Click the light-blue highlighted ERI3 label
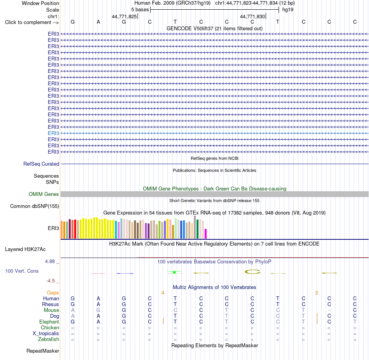coord(54,133)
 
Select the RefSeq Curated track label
coord(41,164)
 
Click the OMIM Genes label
coord(44,194)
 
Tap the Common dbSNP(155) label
coord(35,206)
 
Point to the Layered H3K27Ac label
coord(25,249)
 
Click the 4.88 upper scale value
coord(50,261)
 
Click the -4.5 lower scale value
coord(50,281)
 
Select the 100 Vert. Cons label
coord(22,271)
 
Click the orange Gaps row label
coord(53,292)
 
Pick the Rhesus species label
coord(50,304)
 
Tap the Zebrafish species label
coord(49,339)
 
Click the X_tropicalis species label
coord(46,334)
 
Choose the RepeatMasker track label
coord(43,351)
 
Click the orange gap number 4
coord(163,293)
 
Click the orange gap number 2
coord(317,293)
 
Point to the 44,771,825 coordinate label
coord(124,16)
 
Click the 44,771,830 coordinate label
coord(252,16)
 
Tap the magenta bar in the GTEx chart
coord(206,234)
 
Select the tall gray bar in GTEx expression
coord(195,227)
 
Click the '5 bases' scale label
coord(140,10)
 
